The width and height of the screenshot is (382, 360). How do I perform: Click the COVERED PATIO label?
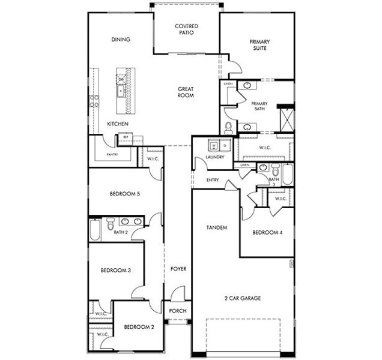click(x=186, y=30)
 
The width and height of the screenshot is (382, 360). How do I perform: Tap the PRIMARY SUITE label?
click(x=259, y=45)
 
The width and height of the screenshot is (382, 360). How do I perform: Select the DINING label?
click(x=121, y=40)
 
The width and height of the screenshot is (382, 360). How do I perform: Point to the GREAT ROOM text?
click(x=185, y=92)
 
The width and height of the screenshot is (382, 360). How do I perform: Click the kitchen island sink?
click(x=121, y=91)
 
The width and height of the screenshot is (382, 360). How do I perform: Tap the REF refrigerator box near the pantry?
click(x=126, y=137)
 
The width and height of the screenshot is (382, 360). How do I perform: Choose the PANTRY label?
click(x=112, y=154)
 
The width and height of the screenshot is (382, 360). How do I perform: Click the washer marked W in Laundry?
click(x=213, y=145)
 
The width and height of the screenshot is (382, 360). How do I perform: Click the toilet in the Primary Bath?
click(x=229, y=127)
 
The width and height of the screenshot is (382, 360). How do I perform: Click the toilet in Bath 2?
click(x=111, y=224)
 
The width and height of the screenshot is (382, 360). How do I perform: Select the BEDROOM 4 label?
click(x=267, y=232)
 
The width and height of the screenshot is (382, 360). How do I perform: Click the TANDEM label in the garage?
click(x=216, y=227)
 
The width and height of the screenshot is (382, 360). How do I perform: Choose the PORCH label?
click(x=178, y=311)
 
